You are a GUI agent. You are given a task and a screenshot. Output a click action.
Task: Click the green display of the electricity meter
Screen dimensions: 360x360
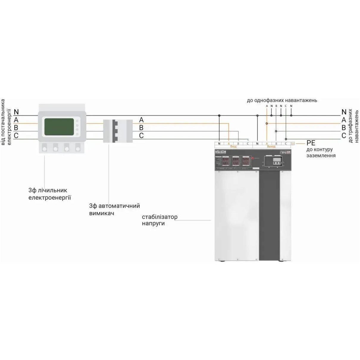59,127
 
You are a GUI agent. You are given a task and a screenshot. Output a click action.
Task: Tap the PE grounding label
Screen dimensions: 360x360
311,143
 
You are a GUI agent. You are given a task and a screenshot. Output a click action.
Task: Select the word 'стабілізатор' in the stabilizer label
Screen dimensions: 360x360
160,217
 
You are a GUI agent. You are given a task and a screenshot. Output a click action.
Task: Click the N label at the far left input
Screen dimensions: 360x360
16,112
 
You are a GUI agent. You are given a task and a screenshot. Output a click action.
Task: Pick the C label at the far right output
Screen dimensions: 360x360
344,136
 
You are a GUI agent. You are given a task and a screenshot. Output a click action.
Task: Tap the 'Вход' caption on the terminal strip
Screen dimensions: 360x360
234,147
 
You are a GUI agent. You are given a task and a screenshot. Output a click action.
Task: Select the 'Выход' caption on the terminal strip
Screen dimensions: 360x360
271,147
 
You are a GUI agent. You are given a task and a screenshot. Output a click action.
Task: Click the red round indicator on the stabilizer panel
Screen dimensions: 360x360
253,158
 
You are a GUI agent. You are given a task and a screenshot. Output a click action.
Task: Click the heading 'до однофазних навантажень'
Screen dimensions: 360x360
282,100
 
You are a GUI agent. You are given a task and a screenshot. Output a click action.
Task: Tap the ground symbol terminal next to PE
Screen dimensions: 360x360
293,144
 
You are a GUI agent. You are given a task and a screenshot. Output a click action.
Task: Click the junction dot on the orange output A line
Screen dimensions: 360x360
267,123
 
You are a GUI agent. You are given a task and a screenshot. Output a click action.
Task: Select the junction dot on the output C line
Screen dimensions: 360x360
286,139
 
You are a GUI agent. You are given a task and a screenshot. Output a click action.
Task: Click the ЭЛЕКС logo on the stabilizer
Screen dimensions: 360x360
220,152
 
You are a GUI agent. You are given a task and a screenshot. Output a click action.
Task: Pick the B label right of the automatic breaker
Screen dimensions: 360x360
141,128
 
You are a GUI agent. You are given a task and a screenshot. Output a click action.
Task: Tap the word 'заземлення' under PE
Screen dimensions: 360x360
321,155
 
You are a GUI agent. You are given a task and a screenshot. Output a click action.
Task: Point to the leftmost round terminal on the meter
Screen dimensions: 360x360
45,147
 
